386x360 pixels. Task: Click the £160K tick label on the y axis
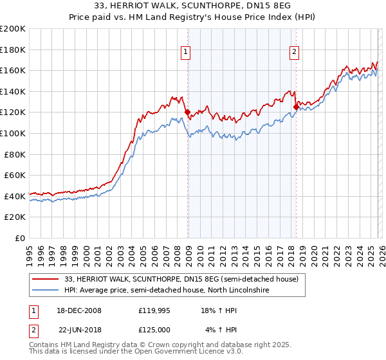pyautogui.click(x=13, y=70)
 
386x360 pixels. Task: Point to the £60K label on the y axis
pyautogui.click(x=15, y=175)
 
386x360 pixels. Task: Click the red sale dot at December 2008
pyautogui.click(x=187, y=112)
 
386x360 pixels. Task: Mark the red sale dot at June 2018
pyautogui.click(x=296, y=107)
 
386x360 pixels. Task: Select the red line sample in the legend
pyautogui.click(x=46, y=280)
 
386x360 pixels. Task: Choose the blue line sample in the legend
pyautogui.click(x=46, y=291)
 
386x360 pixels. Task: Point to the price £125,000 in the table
pyautogui.click(x=158, y=329)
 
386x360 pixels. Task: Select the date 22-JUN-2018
pyautogui.click(x=80, y=329)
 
